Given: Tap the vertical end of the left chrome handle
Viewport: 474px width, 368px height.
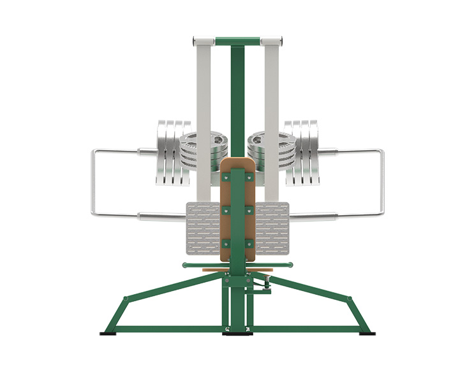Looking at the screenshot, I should coord(93,182).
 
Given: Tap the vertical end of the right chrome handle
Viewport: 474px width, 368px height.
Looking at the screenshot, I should coord(382,182).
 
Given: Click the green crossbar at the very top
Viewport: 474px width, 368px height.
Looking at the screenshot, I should coord(237,41).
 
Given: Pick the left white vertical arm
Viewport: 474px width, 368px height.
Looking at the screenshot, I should coord(204,96).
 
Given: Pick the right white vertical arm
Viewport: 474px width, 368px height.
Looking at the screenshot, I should coord(272,96).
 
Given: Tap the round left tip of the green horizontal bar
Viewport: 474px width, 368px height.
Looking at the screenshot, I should coord(184,265).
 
